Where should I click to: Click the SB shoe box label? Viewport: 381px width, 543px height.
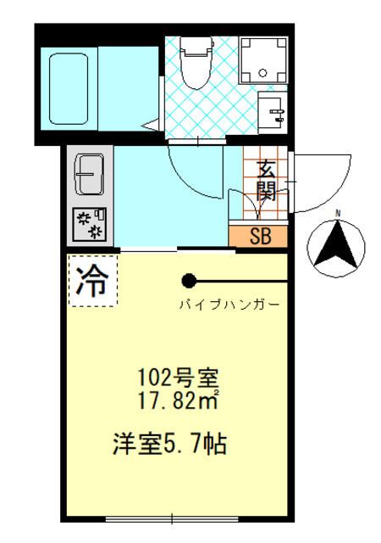[x=259, y=236]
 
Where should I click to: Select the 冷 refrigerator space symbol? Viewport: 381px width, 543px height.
[x=92, y=281]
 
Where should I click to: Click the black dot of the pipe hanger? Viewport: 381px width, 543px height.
[x=189, y=281]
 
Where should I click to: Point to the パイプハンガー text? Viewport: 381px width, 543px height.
[x=229, y=303]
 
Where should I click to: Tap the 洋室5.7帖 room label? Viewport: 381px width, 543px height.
[x=170, y=443]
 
